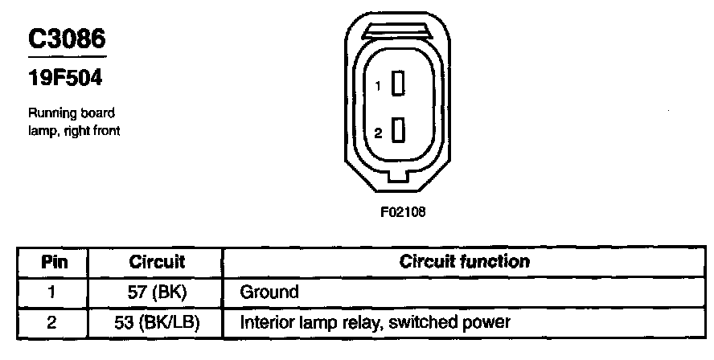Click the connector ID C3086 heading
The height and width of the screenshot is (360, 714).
(67, 39)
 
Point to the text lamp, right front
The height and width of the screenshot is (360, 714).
(74, 130)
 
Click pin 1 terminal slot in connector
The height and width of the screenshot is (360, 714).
(396, 84)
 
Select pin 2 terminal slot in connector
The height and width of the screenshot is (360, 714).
(396, 130)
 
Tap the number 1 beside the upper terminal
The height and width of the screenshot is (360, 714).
(377, 85)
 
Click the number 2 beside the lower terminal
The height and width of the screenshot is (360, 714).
(377, 132)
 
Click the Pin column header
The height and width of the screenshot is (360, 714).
(54, 262)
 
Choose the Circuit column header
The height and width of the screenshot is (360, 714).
(157, 262)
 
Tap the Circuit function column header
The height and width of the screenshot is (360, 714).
(464, 262)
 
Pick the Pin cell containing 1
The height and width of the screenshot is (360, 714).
(53, 292)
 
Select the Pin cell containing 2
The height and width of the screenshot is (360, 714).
(53, 323)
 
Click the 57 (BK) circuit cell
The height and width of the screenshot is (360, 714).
(157, 292)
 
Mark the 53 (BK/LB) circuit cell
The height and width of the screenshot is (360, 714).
(157, 323)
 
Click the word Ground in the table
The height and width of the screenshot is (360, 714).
(269, 292)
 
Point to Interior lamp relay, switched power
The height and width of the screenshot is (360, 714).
(375, 323)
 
